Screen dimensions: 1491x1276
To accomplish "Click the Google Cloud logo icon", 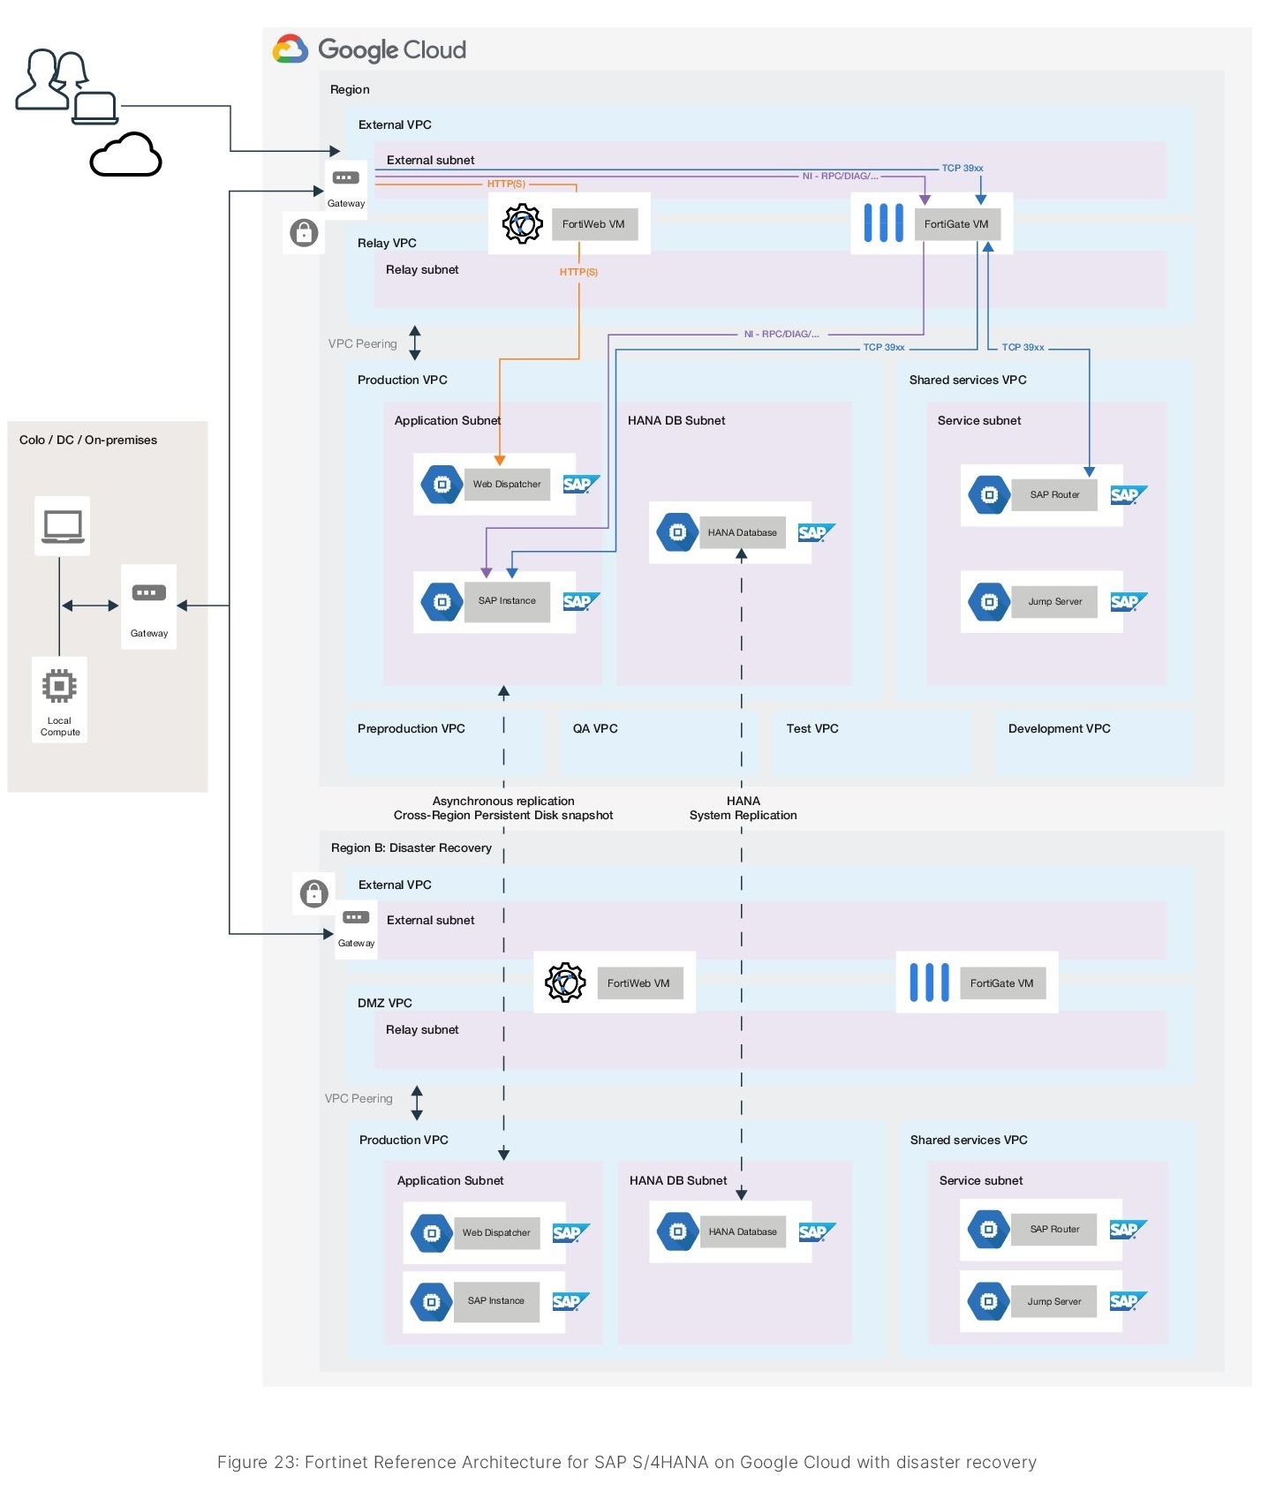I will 291,49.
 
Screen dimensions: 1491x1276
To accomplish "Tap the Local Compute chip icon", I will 59,686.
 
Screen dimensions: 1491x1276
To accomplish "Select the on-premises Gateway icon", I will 148,593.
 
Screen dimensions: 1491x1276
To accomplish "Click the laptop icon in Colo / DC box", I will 63,526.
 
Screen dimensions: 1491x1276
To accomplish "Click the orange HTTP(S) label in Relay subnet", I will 578,272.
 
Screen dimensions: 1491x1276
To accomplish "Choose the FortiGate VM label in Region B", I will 1001,983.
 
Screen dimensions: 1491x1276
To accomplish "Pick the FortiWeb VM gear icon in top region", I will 523,223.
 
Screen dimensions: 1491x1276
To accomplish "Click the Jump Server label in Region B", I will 1054,1301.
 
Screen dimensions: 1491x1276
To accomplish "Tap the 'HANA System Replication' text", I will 743,808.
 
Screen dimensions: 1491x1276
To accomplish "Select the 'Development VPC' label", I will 1059,728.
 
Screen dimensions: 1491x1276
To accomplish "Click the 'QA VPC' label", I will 595,728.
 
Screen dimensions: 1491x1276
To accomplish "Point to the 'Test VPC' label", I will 812,728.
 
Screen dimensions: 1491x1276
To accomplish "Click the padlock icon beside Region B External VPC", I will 313,893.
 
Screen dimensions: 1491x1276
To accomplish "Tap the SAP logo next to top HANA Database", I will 814,532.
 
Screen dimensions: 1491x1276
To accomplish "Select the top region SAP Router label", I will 1054,494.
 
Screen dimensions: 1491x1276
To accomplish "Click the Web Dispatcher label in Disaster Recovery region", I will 496,1232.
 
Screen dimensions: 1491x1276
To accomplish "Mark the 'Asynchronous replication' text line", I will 503,801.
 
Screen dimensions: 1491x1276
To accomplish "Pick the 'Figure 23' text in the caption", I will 256,1462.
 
